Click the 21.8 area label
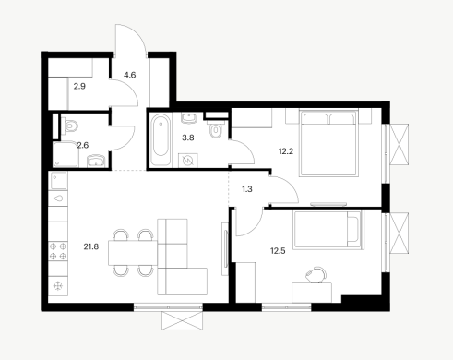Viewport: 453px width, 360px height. [x=91, y=246]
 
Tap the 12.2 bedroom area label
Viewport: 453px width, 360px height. [x=286, y=151]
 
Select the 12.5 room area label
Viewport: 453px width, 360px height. [x=278, y=251]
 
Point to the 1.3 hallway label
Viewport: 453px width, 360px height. [x=247, y=189]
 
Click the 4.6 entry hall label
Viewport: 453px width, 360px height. [x=130, y=75]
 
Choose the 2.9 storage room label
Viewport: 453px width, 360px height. [x=79, y=87]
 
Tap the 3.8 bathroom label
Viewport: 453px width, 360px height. [x=188, y=138]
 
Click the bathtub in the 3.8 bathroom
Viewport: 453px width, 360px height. [x=161, y=139]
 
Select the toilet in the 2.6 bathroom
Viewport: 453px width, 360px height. [x=69, y=126]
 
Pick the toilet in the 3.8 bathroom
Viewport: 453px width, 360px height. [x=216, y=129]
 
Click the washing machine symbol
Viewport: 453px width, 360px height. [x=187, y=160]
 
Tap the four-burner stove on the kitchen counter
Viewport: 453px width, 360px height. [x=58, y=251]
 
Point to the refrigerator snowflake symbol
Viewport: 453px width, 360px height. [x=58, y=286]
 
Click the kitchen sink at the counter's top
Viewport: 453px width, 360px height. [x=58, y=181]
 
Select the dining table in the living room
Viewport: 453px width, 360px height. [x=133, y=253]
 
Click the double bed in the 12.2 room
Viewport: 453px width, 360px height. [x=329, y=143]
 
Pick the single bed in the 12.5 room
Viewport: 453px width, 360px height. [x=328, y=229]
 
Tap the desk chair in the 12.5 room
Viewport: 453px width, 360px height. [x=316, y=274]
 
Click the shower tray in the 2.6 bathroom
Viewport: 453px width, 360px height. [x=66, y=154]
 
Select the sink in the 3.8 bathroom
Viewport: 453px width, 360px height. [x=189, y=118]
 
